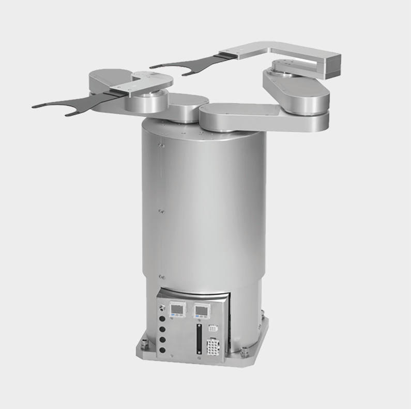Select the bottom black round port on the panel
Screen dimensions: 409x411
tap(162, 350)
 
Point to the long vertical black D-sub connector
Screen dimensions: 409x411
tap(197, 339)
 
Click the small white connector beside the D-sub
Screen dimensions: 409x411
tap(212, 328)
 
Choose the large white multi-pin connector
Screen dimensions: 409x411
tap(213, 345)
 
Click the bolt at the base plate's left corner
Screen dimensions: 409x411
tap(144, 343)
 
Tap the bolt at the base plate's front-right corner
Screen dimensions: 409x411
tap(244, 352)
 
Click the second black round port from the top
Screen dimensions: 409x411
tap(162, 329)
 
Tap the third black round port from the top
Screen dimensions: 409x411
tap(162, 339)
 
